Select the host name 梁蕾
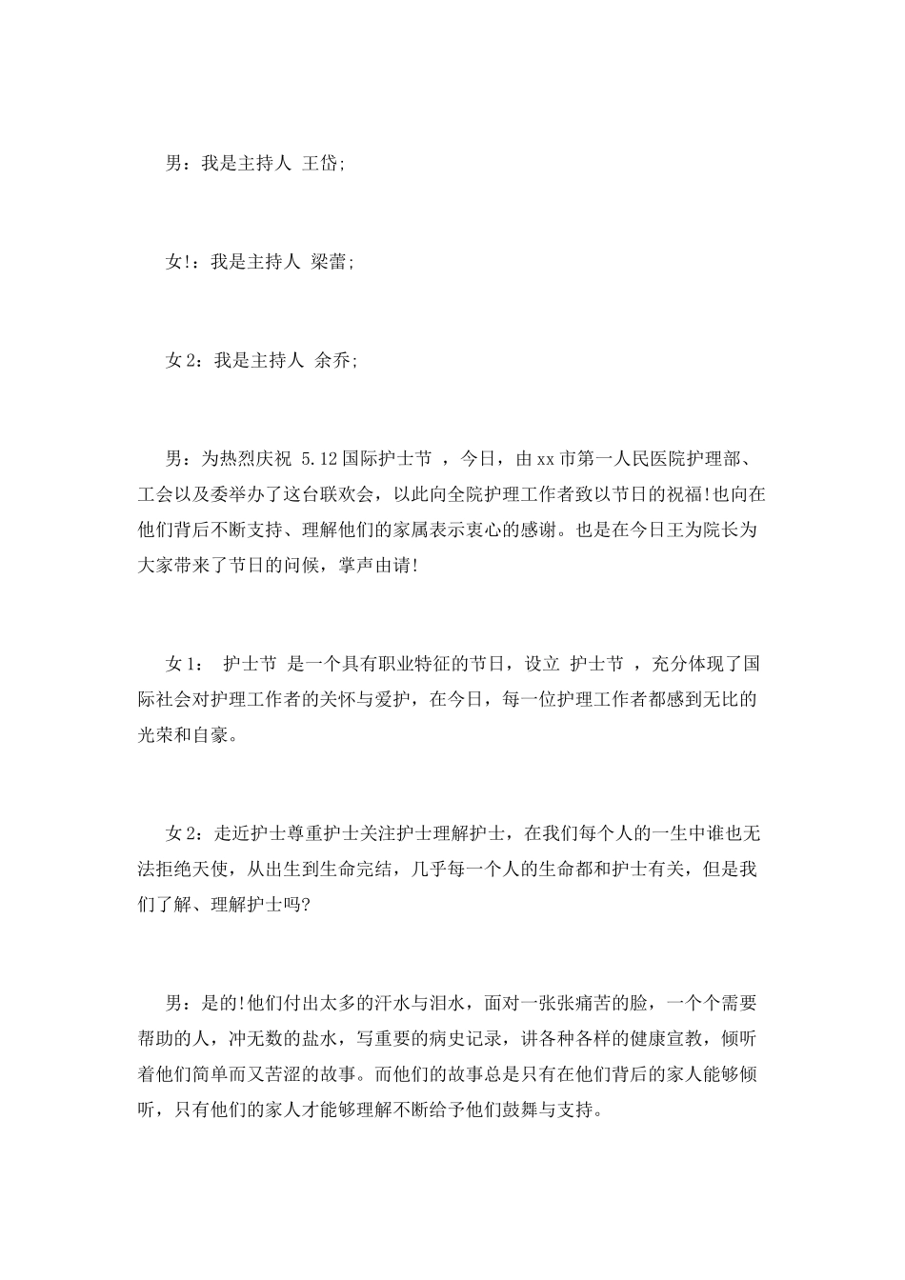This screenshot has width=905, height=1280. coord(330,262)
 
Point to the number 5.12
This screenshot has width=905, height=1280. coord(319,460)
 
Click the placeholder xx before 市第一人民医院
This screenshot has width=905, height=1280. coord(545,460)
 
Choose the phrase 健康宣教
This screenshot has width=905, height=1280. coord(661,1039)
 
